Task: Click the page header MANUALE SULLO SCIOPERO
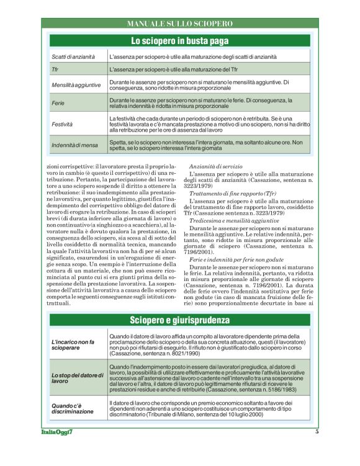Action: (179, 24)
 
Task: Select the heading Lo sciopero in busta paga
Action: (179, 41)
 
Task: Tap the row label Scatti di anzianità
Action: (73, 56)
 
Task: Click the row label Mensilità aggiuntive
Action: (76, 84)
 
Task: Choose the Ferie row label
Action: (58, 102)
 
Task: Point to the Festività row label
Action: (63, 124)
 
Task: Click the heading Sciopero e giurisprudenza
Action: (179, 320)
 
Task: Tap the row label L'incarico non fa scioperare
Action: (73, 346)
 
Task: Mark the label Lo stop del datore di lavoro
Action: (76, 379)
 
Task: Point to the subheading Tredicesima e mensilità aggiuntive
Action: (234, 220)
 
